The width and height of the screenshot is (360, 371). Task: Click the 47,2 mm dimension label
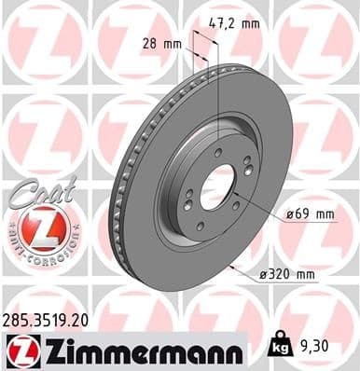point(235,25)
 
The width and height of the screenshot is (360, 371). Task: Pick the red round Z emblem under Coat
point(37,227)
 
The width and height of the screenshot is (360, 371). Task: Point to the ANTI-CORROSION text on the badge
point(37,254)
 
